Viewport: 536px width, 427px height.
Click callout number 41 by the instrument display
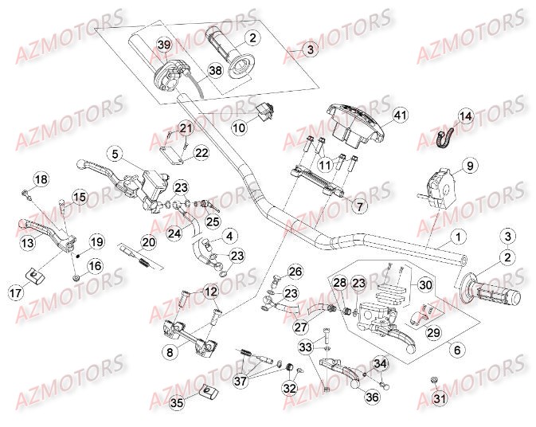(400, 116)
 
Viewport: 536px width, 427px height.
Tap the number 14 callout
(465, 116)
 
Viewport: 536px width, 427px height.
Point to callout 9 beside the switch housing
(470, 166)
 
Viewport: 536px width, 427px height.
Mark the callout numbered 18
(40, 178)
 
